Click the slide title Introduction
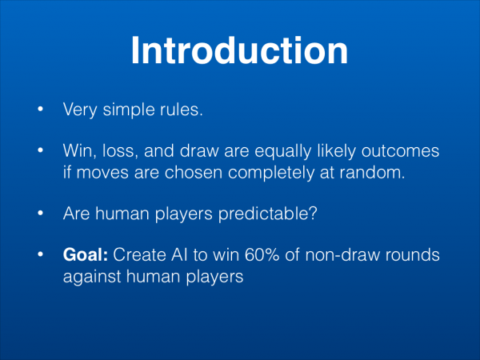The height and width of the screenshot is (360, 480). (x=240, y=50)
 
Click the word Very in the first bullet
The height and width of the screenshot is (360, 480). (x=80, y=110)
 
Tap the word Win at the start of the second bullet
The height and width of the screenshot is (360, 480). (x=78, y=150)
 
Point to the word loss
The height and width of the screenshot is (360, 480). (x=118, y=150)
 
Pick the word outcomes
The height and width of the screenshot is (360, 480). (x=401, y=151)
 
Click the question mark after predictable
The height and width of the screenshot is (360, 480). (x=314, y=213)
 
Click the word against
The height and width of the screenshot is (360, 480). (x=92, y=277)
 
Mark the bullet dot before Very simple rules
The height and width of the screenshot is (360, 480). (x=40, y=109)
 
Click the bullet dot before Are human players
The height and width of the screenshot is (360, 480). (x=40, y=213)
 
